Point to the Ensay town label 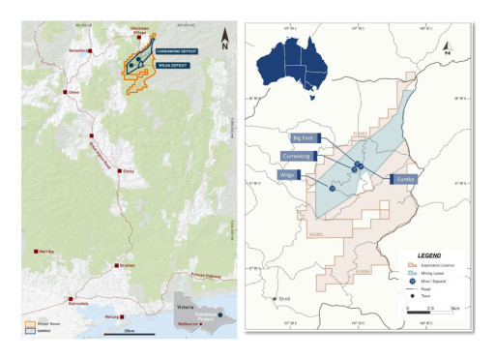click(128, 171)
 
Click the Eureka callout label click(405, 179)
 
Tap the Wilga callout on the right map click(287, 174)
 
